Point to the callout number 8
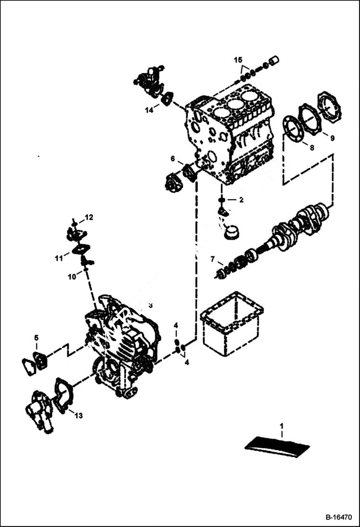[x=311, y=147]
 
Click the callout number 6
[x=173, y=159]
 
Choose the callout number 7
[x=212, y=260]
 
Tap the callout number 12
[x=89, y=218]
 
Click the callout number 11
[x=59, y=258]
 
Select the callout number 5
[x=36, y=338]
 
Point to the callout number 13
[x=78, y=416]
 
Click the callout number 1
[x=282, y=426]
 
